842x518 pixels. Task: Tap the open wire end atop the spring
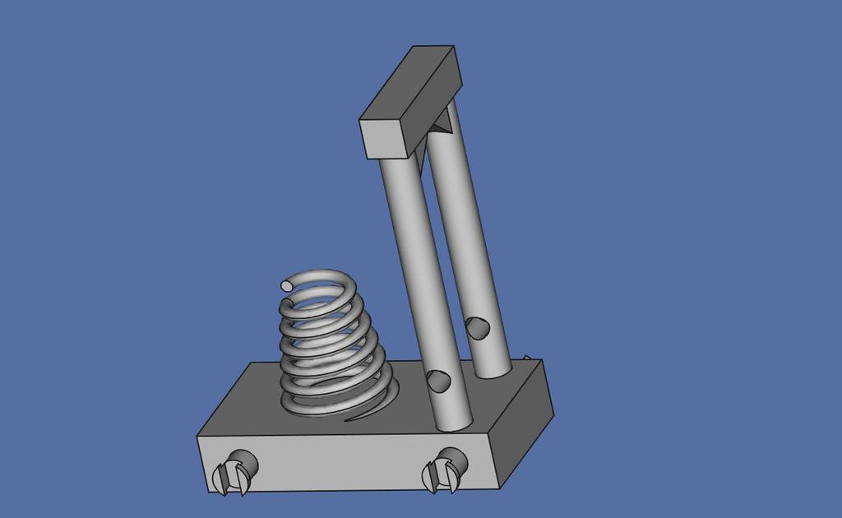point(286,285)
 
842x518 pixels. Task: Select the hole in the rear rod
point(476,327)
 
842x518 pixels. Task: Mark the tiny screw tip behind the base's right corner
point(527,358)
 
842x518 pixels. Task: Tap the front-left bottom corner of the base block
point(206,490)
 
